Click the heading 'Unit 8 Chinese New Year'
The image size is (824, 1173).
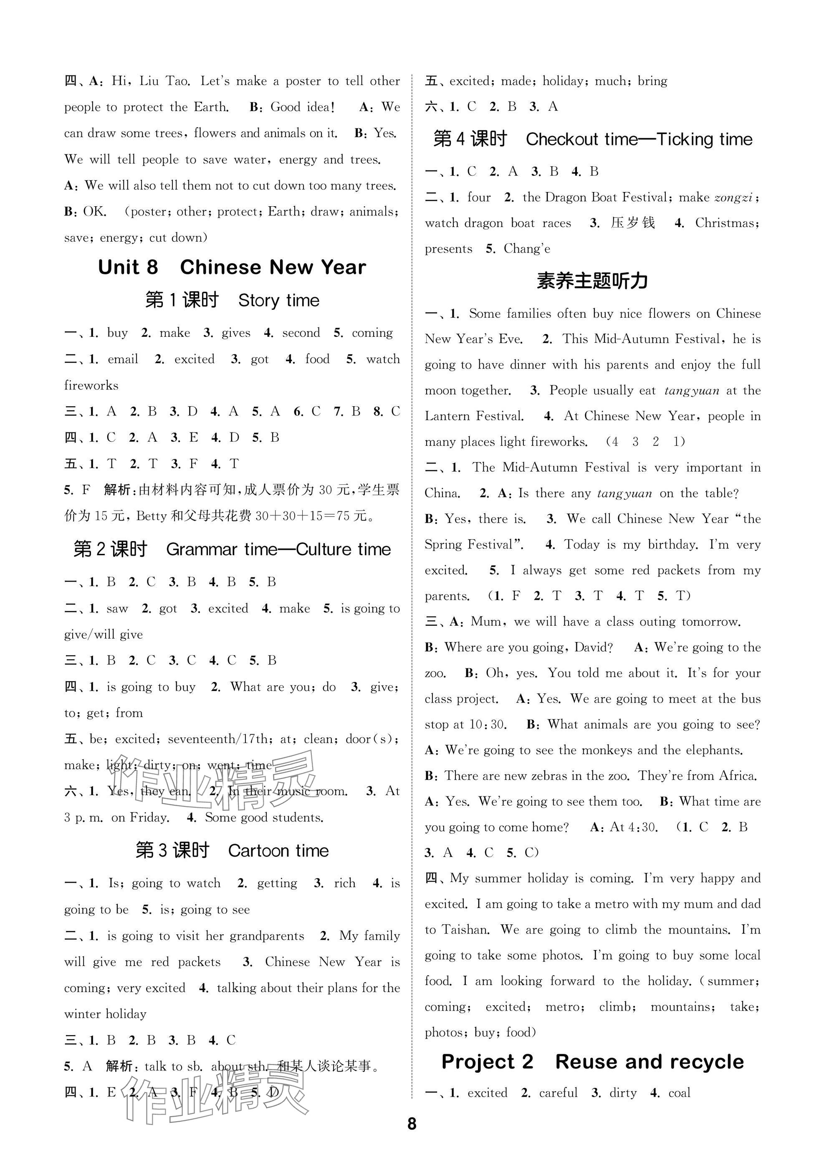[232, 267]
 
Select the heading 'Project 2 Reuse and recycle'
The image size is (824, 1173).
[593, 1062]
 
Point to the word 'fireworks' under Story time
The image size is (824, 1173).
[91, 385]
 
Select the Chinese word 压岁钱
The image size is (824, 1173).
[632, 223]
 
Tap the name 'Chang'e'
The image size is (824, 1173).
[527, 249]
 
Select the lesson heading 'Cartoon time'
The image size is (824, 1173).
[278, 851]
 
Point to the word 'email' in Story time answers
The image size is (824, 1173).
[123, 359]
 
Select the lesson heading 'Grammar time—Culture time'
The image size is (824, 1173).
[278, 550]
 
